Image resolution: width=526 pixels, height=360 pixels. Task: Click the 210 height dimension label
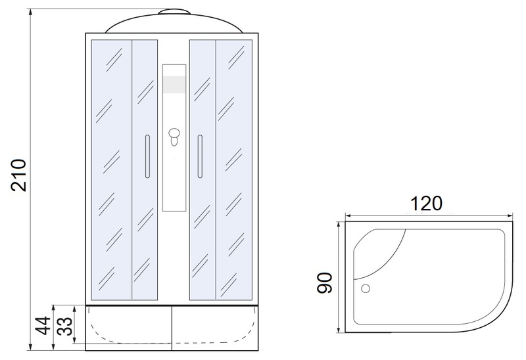click(x=18, y=175)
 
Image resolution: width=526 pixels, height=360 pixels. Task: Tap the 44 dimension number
click(x=43, y=325)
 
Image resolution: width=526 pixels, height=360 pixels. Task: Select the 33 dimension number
click(x=64, y=326)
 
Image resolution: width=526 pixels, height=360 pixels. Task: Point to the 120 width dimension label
click(x=426, y=203)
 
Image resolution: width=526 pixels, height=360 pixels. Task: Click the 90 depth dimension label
click(x=325, y=283)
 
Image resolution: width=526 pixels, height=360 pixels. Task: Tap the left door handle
click(x=147, y=156)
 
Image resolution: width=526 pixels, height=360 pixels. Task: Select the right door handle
click(x=200, y=156)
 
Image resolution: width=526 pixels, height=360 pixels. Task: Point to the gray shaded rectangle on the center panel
click(x=174, y=85)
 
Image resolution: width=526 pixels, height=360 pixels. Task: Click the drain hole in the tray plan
click(x=366, y=288)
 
